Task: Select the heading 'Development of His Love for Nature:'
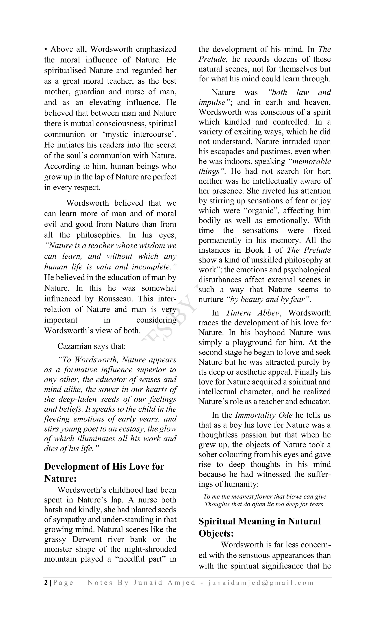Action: coord(104,472)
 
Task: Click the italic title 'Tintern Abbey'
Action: coord(252,313)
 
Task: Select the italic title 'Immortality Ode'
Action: coord(263,415)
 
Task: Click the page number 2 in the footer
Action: coord(46,583)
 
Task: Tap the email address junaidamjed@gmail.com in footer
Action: coord(261,583)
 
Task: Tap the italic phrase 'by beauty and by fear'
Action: coord(268,299)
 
